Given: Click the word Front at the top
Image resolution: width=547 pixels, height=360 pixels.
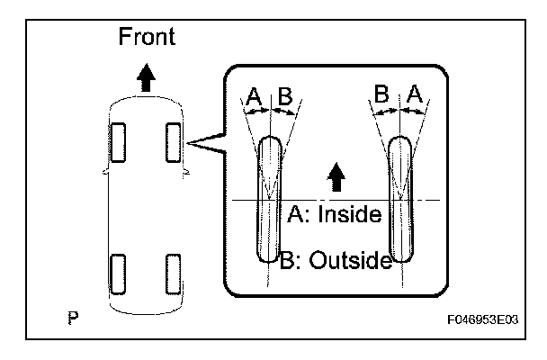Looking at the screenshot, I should click(147, 37).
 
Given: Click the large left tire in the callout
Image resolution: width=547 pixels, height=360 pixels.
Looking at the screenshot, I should click(269, 200).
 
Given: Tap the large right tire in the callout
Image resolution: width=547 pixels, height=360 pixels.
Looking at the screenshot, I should click(400, 200).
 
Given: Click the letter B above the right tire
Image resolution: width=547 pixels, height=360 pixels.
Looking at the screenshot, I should click(382, 94).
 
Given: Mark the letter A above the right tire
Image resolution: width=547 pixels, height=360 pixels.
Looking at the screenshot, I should click(415, 94).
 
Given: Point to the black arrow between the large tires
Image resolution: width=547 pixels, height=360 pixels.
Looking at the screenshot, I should click(336, 176).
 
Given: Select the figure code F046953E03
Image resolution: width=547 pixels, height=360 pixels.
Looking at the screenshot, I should click(484, 319).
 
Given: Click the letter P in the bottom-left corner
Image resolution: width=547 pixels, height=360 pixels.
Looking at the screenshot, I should click(73, 318).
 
